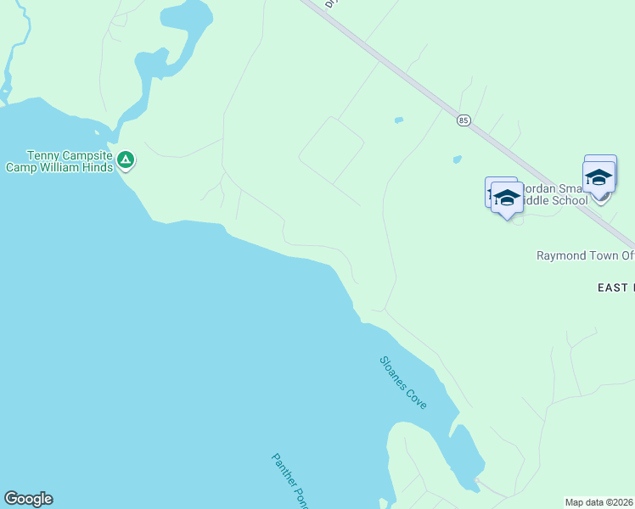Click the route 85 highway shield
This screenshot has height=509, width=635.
pyautogui.click(x=463, y=121)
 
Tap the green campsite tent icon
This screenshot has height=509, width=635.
pyautogui.click(x=126, y=159)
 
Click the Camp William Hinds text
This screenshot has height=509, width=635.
pyautogui.click(x=59, y=167)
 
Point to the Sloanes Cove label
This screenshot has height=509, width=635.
pyautogui.click(x=403, y=383)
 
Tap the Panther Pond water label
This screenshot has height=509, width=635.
pyautogui.click(x=289, y=480)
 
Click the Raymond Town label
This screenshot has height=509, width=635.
pyautogui.click(x=585, y=255)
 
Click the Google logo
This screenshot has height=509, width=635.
pyautogui.click(x=28, y=499)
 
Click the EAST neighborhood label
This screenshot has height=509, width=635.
pyautogui.click(x=615, y=288)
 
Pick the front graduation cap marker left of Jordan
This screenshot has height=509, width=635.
pyautogui.click(x=507, y=199)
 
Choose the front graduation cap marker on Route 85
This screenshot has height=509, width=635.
pyautogui.click(x=598, y=178)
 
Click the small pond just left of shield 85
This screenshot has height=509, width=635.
pyautogui.click(x=398, y=120)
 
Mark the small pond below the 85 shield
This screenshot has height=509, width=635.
pyautogui.click(x=457, y=159)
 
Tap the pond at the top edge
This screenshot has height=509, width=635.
pyautogui.click(x=187, y=15)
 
